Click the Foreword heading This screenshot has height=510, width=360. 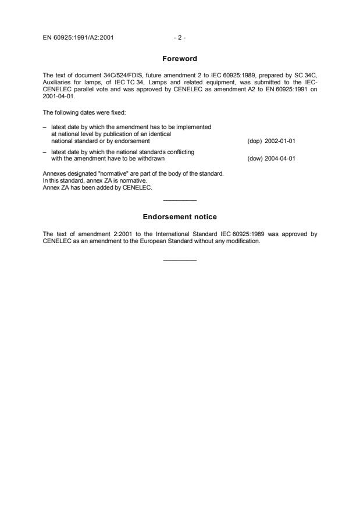click(x=180, y=58)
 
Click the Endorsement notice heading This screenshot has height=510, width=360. click(x=180, y=217)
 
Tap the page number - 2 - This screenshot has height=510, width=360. click(x=180, y=38)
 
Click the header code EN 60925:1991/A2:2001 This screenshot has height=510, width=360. click(x=78, y=38)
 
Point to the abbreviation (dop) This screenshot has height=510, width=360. click(x=255, y=141)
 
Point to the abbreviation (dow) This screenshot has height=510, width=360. click(x=255, y=158)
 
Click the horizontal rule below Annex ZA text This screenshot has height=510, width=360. click(x=180, y=201)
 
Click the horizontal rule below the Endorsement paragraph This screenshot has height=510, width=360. click(x=180, y=259)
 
